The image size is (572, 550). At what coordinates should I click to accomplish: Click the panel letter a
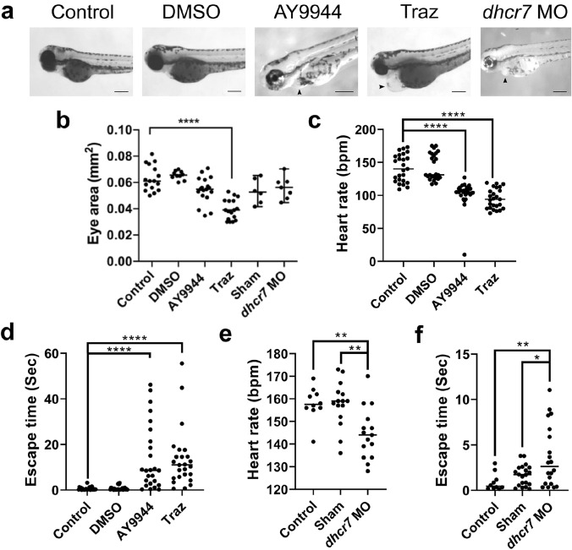9,12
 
